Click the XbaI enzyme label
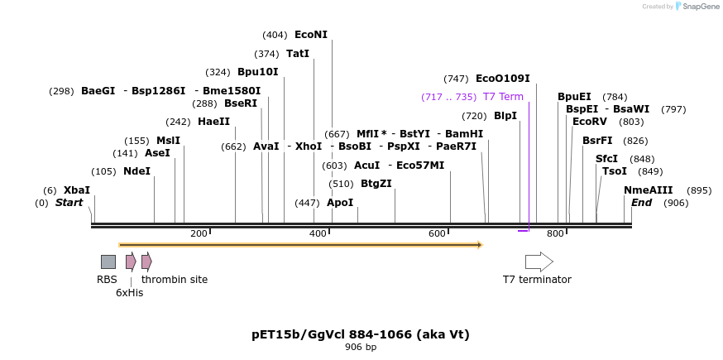coord(77,190)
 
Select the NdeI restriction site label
coord(136,171)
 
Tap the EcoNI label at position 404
coord(311,35)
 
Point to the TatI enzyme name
coord(298,54)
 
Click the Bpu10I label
coord(257,72)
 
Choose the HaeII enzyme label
coord(213,122)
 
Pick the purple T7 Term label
coord(503,97)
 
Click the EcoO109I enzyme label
coord(502,79)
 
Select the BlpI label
coord(505,116)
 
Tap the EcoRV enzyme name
coord(590,122)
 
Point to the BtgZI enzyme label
coord(376,184)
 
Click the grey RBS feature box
coord(108,262)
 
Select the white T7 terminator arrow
coord(539,262)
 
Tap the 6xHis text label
coord(129,293)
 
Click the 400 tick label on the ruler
coord(318,234)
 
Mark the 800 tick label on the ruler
coord(555,234)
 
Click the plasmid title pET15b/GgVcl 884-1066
coord(361,334)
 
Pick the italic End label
coord(641,203)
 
